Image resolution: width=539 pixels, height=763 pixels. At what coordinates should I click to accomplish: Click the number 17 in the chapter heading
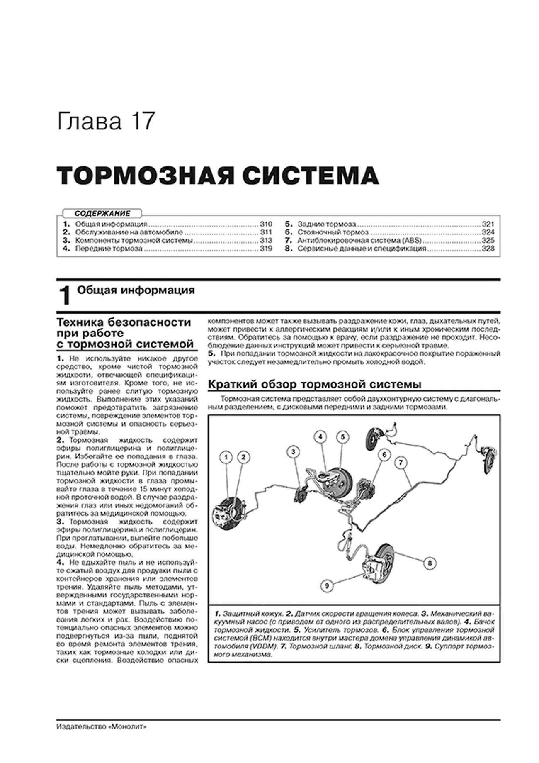[x=143, y=121]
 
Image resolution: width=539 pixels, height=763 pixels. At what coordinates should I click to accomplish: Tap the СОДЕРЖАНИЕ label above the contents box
[x=102, y=213]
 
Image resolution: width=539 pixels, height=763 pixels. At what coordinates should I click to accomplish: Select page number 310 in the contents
[x=265, y=224]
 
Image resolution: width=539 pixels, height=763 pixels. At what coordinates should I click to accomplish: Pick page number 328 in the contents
[x=488, y=249]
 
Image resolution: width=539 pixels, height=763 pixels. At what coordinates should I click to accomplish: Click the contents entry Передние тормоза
[x=109, y=249]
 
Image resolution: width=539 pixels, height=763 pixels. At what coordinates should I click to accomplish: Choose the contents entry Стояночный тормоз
[x=333, y=232]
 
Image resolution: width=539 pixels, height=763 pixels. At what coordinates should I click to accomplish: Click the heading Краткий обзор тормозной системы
[x=314, y=384]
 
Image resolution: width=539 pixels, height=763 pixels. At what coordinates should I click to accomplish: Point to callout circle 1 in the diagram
[x=226, y=457]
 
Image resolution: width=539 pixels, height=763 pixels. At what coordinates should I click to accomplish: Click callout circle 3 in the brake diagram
[x=293, y=451]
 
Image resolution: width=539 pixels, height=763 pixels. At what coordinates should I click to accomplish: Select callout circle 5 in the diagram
[x=343, y=436]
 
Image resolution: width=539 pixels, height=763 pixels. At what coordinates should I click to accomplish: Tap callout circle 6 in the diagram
[x=384, y=455]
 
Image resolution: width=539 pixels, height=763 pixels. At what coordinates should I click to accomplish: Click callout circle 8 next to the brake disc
[x=430, y=563]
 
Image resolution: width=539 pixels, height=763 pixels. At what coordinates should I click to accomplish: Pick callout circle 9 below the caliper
[x=327, y=586]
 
